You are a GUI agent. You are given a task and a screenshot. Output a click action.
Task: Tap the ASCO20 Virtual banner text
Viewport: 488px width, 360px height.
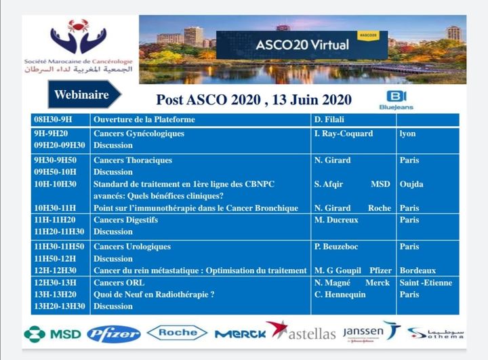click(302, 45)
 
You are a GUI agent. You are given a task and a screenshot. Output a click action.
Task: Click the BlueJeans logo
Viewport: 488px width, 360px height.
click(396, 100)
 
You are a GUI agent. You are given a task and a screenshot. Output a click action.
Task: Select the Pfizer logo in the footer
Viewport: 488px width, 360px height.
click(114, 333)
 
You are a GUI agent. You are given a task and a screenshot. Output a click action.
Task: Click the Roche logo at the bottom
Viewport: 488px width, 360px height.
click(177, 332)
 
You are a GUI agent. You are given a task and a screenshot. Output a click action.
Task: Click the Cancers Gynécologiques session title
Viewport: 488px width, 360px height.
click(139, 134)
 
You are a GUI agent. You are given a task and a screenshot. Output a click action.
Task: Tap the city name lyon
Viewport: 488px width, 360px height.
click(408, 134)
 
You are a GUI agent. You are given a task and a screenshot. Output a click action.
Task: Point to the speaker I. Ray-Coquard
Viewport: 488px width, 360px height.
click(344, 134)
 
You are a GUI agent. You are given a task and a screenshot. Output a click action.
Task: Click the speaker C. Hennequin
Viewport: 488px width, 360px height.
click(340, 294)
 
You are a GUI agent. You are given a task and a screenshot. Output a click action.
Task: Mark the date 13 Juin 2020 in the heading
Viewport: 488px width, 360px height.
click(312, 100)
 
